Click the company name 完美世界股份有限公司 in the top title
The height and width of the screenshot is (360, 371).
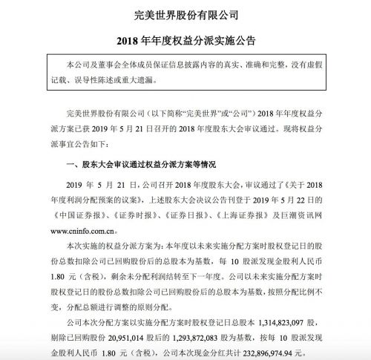click(185, 13)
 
